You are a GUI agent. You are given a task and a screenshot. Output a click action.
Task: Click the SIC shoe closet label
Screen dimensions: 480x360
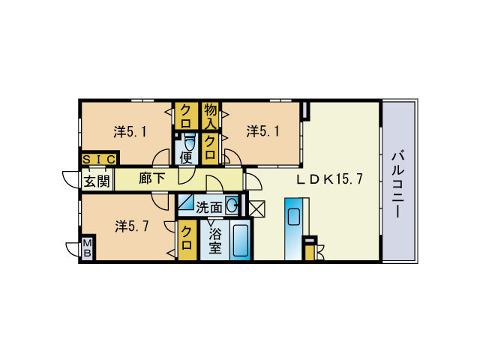click(99, 160)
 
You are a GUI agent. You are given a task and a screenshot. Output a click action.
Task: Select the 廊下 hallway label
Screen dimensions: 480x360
click(152, 178)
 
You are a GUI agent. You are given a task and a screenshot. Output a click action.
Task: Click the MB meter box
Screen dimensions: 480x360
click(88, 248)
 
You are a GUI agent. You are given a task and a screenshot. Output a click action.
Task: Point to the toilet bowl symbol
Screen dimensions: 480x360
click(190, 142)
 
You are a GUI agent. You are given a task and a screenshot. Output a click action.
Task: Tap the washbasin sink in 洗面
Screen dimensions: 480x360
click(232, 205)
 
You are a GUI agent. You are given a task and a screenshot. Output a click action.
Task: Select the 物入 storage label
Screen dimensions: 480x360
click(210, 116)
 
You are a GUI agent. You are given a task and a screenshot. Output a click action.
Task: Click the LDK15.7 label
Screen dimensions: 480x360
click(330, 179)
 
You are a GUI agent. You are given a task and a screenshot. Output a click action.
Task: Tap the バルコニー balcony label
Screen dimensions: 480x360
click(398, 184)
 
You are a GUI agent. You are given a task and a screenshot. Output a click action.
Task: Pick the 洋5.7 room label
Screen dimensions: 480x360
click(132, 226)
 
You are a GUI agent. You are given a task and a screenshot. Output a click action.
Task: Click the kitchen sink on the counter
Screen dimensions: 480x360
click(294, 217)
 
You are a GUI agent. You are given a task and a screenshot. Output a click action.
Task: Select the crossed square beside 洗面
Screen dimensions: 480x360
click(256, 208)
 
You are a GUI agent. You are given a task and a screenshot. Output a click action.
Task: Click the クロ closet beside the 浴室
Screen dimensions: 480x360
click(187, 239)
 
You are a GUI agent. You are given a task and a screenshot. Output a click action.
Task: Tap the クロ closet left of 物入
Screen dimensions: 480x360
click(185, 116)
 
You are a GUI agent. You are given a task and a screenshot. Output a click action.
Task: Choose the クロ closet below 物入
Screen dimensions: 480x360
click(210, 148)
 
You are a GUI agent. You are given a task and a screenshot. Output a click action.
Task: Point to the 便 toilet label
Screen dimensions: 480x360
click(186, 157)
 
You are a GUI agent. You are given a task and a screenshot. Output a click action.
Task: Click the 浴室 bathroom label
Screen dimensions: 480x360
click(215, 241)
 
